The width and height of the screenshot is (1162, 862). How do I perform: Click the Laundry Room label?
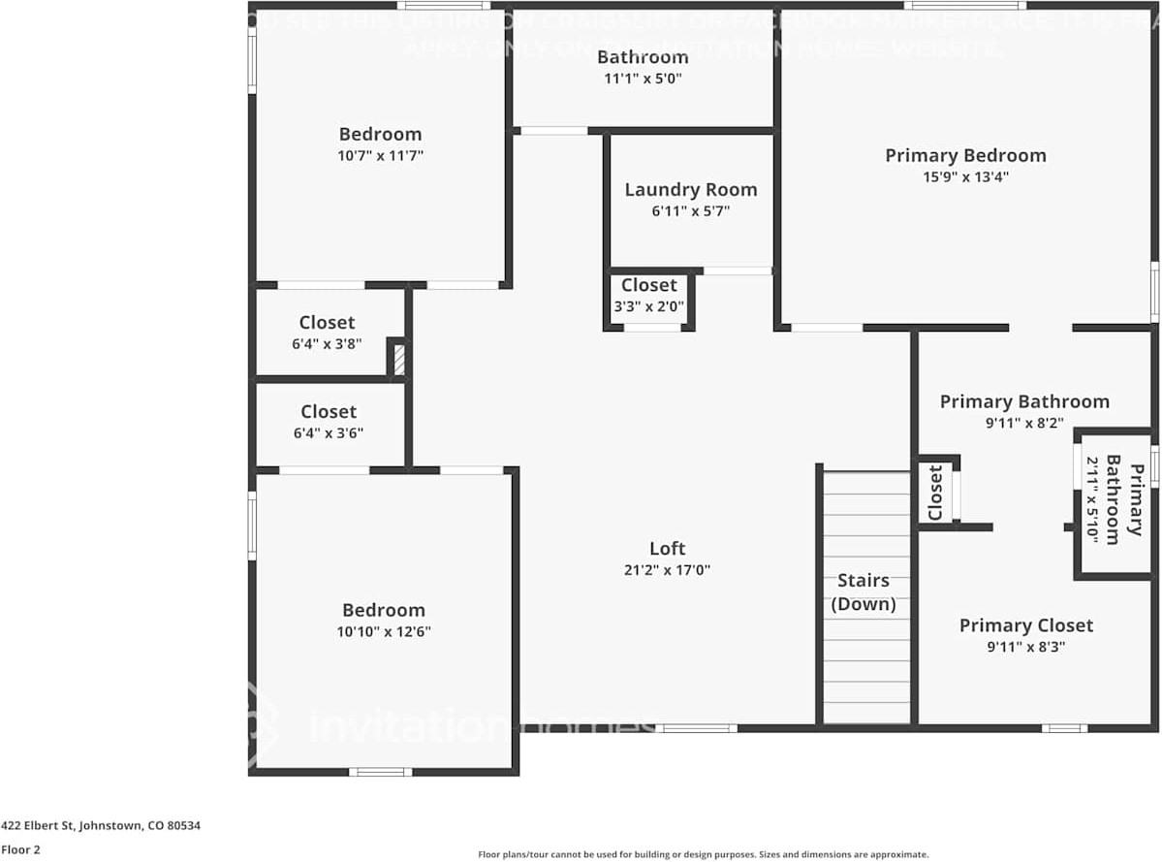click(690, 190)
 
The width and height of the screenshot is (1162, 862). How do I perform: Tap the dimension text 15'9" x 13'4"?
click(965, 176)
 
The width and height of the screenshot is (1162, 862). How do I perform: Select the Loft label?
click(668, 549)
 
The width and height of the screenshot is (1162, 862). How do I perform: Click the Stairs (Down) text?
click(863, 591)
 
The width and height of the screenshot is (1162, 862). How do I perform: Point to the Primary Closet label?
click(1025, 625)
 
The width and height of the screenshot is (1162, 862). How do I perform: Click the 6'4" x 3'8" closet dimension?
click(327, 343)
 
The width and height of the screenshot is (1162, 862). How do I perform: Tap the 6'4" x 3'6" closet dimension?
click(329, 433)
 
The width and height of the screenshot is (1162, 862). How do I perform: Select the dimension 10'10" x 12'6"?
click(384, 631)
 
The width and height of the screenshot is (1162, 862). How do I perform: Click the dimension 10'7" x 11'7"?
click(380, 155)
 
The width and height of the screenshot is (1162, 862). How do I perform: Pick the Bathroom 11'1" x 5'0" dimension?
click(643, 80)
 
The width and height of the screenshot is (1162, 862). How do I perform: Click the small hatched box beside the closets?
click(398, 359)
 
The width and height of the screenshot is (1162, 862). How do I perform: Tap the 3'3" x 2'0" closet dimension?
click(648, 306)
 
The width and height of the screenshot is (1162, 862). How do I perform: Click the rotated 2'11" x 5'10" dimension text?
click(1091, 499)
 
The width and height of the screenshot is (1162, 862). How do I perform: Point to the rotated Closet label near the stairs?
click(935, 494)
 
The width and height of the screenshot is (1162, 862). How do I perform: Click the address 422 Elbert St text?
click(101, 826)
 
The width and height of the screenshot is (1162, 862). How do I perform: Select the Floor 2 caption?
click(20, 849)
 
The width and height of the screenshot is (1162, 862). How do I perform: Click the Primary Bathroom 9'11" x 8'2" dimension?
click(1024, 423)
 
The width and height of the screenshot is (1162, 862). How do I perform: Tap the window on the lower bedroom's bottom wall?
click(380, 772)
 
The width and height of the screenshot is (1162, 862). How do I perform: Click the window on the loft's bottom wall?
click(696, 727)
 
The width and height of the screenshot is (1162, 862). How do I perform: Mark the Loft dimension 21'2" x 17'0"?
click(668, 570)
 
